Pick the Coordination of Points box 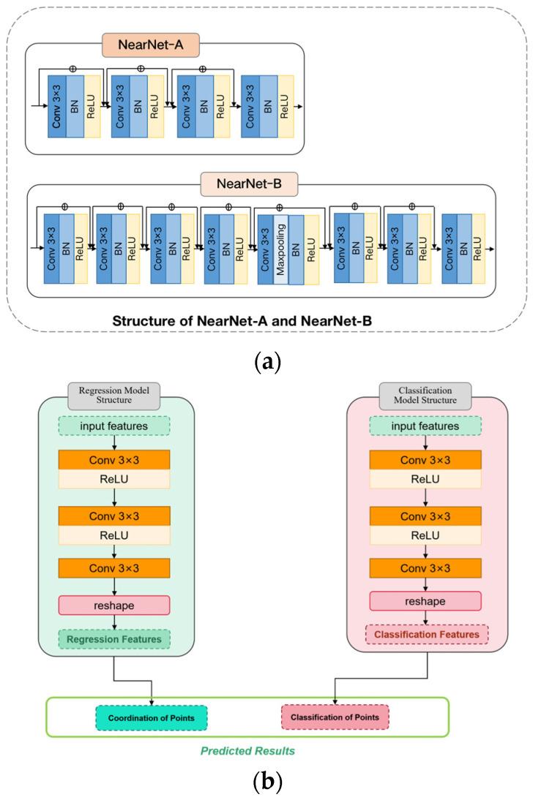click(x=152, y=717)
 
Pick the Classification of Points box click(x=335, y=717)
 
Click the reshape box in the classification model click(x=425, y=600)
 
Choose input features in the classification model click(x=425, y=426)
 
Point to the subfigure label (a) click(x=266, y=361)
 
